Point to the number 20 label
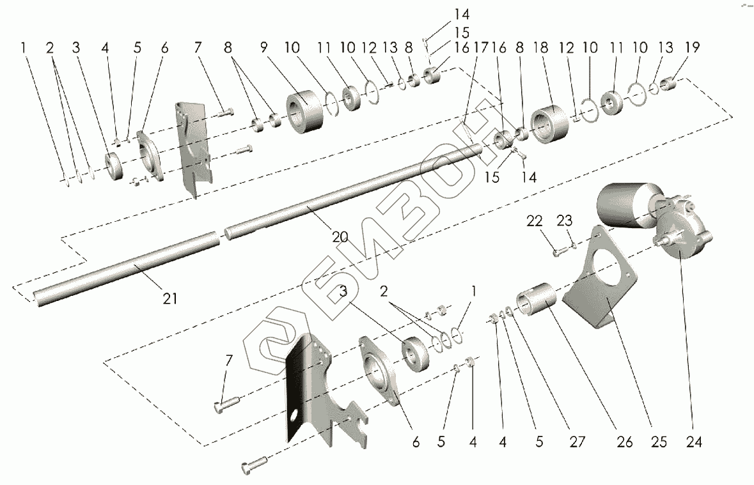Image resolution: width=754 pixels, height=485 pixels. click(x=340, y=237)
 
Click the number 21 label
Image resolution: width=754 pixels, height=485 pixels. click(x=169, y=298)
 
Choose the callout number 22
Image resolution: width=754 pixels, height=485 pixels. click(x=535, y=221)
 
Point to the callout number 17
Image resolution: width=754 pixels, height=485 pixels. click(x=481, y=48)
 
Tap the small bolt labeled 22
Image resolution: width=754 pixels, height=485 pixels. click(x=556, y=253)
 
